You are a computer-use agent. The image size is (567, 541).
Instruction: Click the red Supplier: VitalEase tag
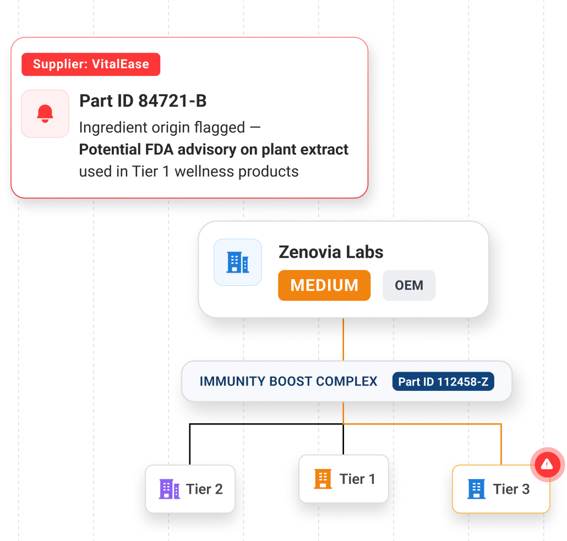pos(91,64)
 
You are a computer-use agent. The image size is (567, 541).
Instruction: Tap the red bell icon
pos(45,114)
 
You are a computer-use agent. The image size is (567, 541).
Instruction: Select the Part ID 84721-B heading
pos(143,101)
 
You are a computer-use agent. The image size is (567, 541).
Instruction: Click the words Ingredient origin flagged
pos(162,128)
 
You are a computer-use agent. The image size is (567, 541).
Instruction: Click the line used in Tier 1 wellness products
pos(189,172)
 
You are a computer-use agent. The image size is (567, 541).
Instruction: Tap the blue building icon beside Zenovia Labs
pos(238,262)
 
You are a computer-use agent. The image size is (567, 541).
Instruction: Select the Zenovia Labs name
pos(331,252)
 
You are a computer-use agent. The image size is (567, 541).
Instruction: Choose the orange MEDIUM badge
pos(324,285)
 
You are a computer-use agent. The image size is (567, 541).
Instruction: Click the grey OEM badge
pos(409,285)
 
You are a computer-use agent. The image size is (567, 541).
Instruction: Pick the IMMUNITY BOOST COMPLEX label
pos(288,382)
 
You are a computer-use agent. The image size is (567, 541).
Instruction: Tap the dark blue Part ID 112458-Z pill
pos(443,382)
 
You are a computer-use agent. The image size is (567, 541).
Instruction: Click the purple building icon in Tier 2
pos(170,489)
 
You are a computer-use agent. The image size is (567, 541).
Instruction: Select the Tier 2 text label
pos(204,489)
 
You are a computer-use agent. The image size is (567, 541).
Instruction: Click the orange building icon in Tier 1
pos(323,479)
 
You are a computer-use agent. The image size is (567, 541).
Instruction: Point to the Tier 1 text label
pos(357,479)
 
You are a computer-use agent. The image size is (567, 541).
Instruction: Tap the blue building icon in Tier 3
pos(476,489)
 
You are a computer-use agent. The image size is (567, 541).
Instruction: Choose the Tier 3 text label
pos(511,489)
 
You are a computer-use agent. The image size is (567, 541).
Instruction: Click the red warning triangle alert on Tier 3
pos(547,465)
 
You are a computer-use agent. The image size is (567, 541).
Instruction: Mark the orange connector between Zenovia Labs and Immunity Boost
pos(343,339)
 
